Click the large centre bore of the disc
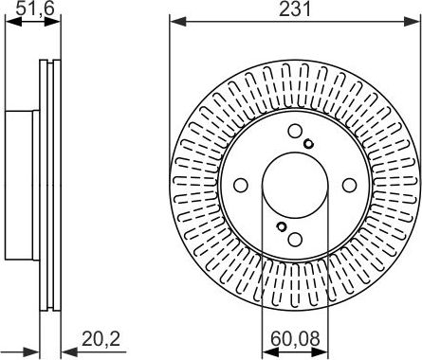pyautogui.click(x=293, y=185)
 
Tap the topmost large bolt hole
pyautogui.click(x=295, y=133)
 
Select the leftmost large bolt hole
pyautogui.click(x=241, y=185)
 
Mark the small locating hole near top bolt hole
pyautogui.click(x=309, y=143)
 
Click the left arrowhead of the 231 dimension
pyautogui.click(x=174, y=22)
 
